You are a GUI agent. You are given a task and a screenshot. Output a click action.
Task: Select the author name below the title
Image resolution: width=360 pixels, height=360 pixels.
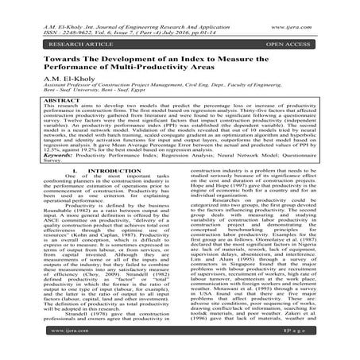(52, 77)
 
